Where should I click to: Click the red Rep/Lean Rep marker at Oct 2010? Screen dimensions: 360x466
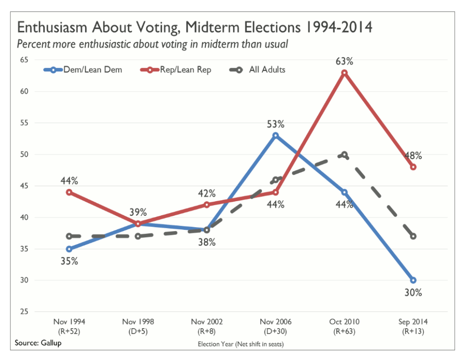[344, 73]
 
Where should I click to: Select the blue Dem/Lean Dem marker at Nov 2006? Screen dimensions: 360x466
[276, 136]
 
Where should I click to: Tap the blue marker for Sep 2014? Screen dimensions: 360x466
[413, 280]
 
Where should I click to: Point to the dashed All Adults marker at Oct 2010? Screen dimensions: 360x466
[344, 155]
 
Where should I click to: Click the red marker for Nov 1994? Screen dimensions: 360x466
[69, 192]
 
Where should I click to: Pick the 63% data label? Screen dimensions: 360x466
[344, 61]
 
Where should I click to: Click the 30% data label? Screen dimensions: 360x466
[413, 293]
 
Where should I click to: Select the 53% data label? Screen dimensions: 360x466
[276, 124]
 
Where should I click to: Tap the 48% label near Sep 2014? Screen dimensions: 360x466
[413, 155]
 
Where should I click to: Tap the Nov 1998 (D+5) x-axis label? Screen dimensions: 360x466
[138, 327]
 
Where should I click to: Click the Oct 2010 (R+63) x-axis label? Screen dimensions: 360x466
[344, 327]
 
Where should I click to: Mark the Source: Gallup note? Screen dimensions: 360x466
[38, 343]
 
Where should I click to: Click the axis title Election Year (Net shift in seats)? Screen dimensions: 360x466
[241, 344]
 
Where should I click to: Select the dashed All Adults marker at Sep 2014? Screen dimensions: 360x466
[413, 236]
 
